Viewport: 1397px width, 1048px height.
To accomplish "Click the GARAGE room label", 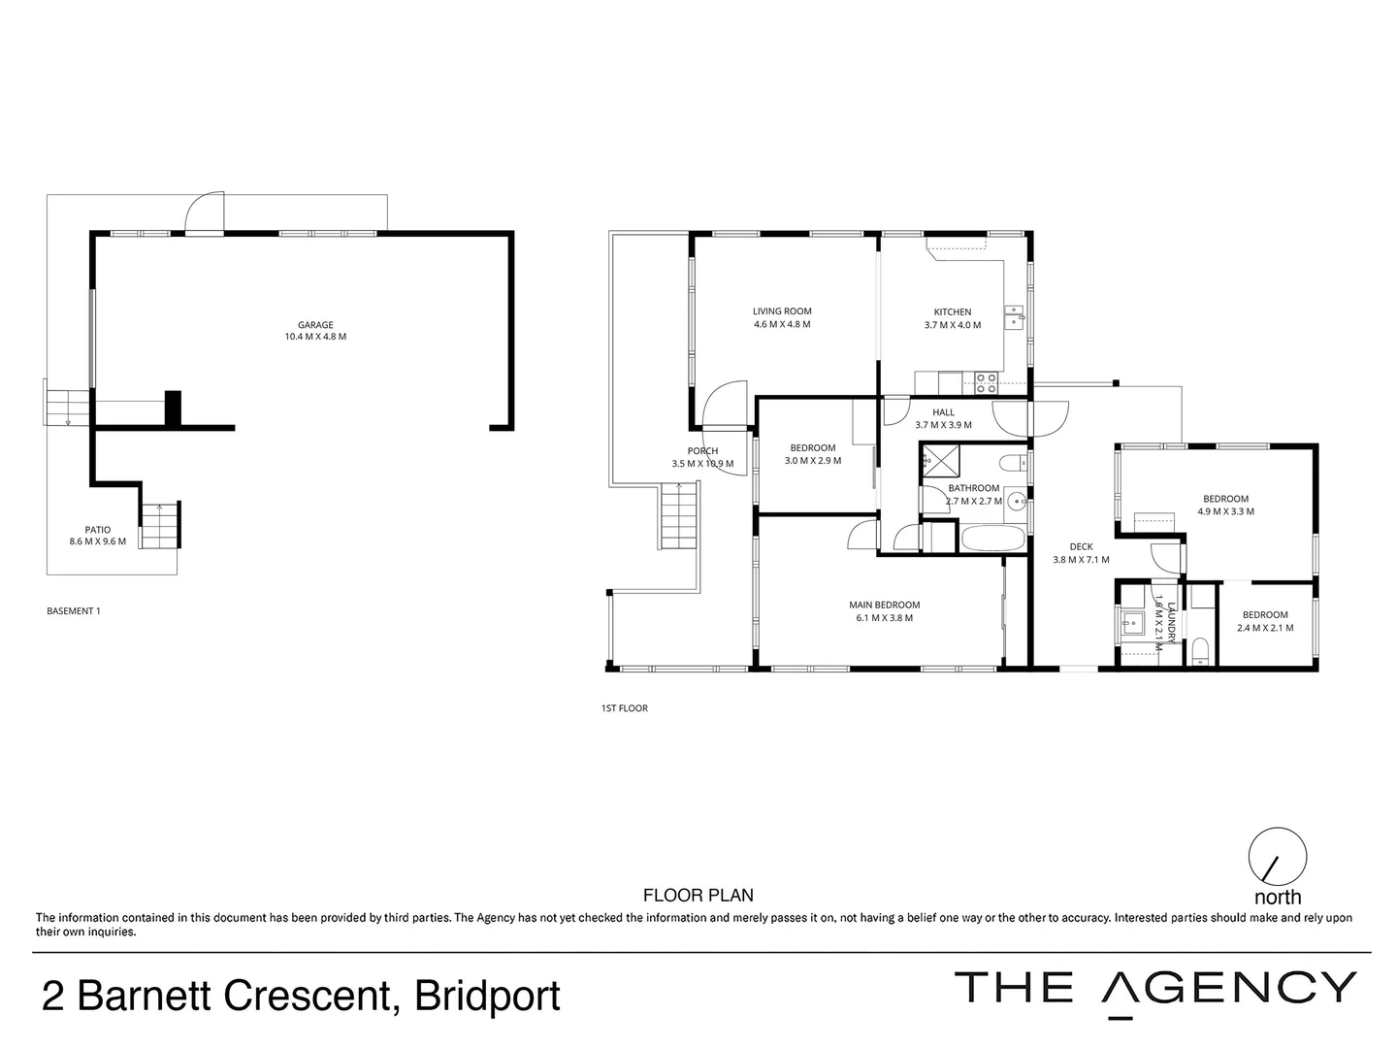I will tap(315, 325).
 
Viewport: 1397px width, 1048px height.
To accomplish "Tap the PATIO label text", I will tap(97, 530).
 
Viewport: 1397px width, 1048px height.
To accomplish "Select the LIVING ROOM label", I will tap(781, 311).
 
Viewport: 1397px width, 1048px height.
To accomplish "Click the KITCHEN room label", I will tap(952, 312).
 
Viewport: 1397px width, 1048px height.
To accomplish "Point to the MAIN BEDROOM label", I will tap(884, 606).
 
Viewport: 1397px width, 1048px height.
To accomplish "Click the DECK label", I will tap(1081, 547).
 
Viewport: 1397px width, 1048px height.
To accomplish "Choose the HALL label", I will tap(943, 412).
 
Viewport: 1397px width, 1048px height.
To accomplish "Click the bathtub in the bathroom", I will tap(991, 539).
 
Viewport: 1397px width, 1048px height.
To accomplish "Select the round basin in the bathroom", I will tap(1016, 502).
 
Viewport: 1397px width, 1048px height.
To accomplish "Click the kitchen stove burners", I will tap(987, 383).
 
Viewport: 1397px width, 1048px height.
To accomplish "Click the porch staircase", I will tap(679, 518).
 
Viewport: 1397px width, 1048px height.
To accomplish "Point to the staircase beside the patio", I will tap(160, 526).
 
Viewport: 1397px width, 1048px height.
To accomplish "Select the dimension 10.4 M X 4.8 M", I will tap(315, 338).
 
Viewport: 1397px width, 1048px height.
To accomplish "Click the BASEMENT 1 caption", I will tap(74, 611).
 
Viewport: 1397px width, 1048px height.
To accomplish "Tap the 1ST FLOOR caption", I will tap(625, 708).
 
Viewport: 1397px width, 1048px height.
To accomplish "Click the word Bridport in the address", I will tap(487, 997).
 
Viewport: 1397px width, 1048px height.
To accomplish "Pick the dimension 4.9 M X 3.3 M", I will tap(1225, 511).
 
